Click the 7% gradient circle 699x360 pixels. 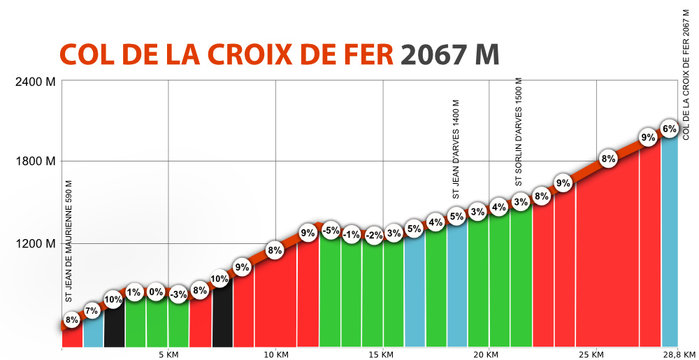(x=91, y=313)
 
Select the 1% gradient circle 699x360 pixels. (x=134, y=292)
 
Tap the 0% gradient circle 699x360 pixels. (x=156, y=292)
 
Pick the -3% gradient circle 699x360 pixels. (x=178, y=294)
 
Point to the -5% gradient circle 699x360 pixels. (x=330, y=232)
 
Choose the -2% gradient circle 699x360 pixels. (x=373, y=236)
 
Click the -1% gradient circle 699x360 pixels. (x=351, y=235)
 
